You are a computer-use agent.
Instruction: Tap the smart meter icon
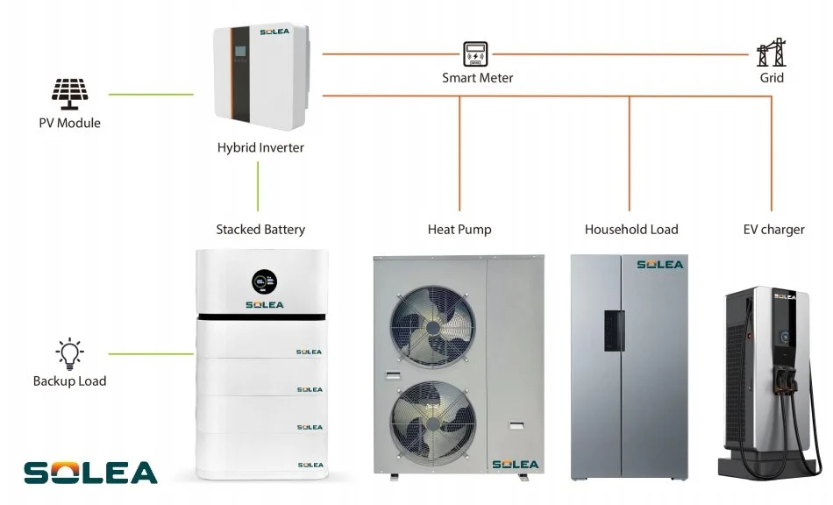point(476,53)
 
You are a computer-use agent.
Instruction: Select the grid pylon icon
point(771,53)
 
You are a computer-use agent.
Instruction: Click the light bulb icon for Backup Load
point(69,354)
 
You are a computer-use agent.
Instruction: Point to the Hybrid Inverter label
point(260,147)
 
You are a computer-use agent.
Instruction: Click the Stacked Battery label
point(260,230)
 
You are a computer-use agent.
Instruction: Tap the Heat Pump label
point(459,230)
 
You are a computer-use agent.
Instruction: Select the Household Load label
point(631,230)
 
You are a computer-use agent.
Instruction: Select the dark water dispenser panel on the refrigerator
point(612,331)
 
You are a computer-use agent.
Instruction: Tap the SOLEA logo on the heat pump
point(516,464)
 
